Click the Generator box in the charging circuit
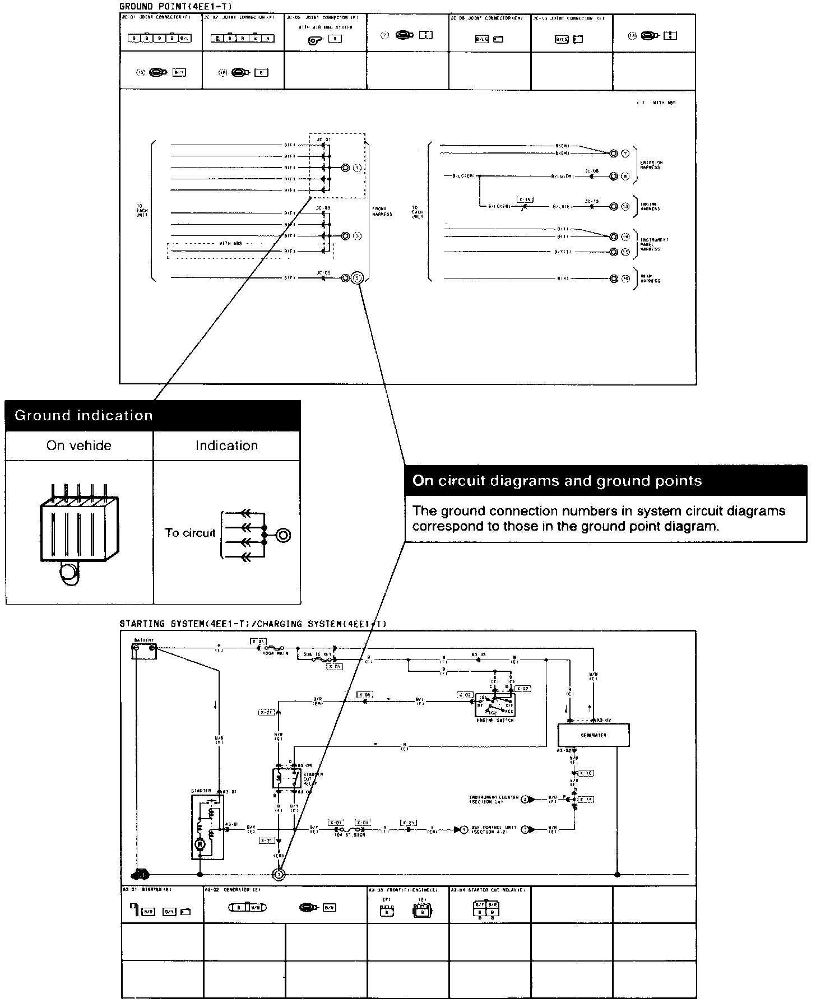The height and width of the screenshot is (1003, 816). [594, 735]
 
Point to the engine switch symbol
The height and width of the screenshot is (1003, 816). [494, 705]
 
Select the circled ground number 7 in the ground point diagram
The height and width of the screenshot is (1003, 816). [625, 154]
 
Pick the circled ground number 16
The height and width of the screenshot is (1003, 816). [625, 278]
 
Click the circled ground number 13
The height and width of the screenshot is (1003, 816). [625, 207]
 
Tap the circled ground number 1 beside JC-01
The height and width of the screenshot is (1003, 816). [357, 168]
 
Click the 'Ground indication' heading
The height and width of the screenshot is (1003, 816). [84, 415]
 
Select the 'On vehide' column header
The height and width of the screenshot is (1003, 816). [79, 446]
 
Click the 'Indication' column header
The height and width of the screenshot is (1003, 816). [226, 446]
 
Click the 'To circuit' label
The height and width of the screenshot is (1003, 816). [190, 533]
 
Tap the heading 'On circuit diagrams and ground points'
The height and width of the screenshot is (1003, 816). [557, 481]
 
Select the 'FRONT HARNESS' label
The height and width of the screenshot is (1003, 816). [382, 211]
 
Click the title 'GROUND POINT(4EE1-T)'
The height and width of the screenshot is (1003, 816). [175, 6]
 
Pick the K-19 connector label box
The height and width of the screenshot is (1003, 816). [525, 199]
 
